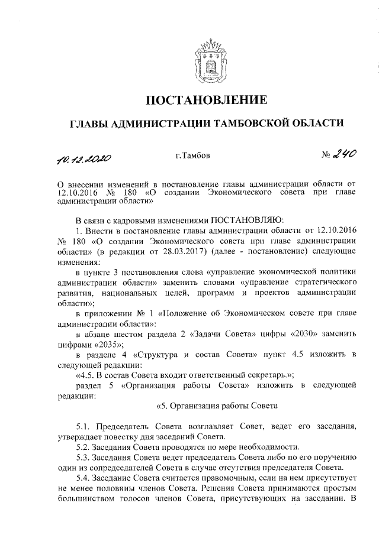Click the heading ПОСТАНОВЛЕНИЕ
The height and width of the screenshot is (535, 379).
207,98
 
